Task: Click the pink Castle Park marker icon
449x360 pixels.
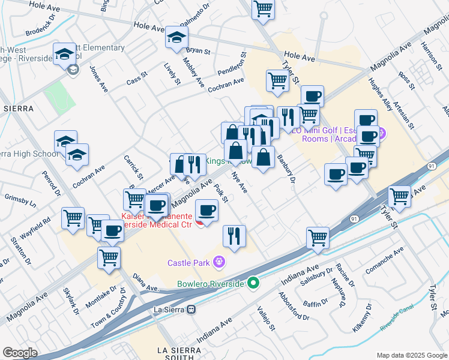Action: click(220, 262)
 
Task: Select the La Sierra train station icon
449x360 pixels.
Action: click(191, 310)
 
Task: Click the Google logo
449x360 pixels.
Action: click(20, 352)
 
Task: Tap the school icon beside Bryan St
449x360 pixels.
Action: click(177, 38)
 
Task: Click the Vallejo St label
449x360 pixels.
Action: click(265, 318)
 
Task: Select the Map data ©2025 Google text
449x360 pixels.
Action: click(411, 355)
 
